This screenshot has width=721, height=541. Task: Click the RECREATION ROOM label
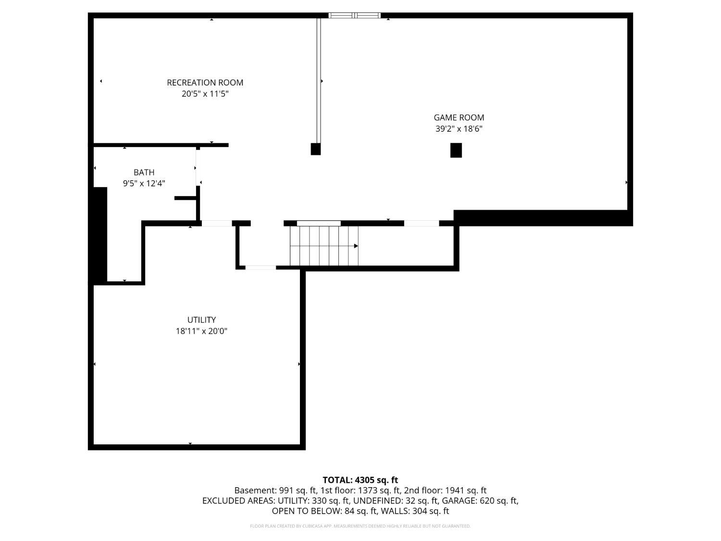point(205,83)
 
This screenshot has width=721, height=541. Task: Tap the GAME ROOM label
point(459,117)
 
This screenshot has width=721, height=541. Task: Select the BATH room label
point(144,172)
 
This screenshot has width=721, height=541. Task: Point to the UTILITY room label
point(201,320)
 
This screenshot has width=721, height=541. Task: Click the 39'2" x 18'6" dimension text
point(459,129)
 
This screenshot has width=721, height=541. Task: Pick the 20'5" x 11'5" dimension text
point(205,94)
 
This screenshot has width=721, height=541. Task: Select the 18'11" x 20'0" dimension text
point(201,331)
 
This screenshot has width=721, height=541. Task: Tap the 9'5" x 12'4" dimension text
point(144,183)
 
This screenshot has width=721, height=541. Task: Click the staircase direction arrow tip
point(356,246)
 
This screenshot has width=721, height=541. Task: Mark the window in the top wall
point(354,15)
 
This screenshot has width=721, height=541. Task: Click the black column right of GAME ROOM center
point(456,150)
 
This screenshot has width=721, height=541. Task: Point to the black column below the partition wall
point(315,149)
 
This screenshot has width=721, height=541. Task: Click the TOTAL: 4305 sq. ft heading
point(360,480)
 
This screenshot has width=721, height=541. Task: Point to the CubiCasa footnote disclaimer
point(360,526)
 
